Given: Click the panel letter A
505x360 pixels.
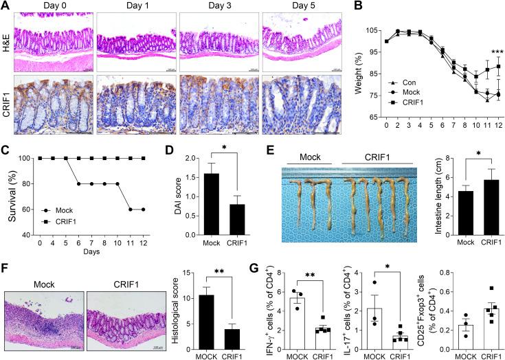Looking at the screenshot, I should pyautogui.click(x=6, y=6).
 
